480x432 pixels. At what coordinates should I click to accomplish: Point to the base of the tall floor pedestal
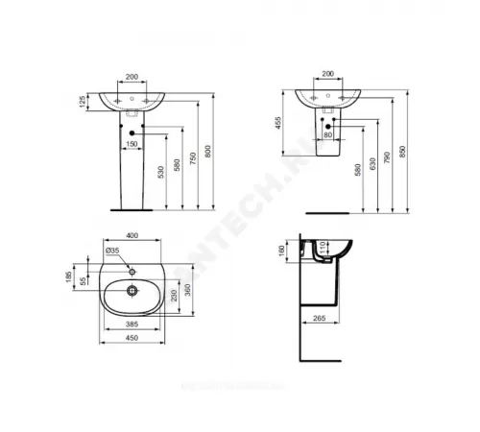pos(132,205)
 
